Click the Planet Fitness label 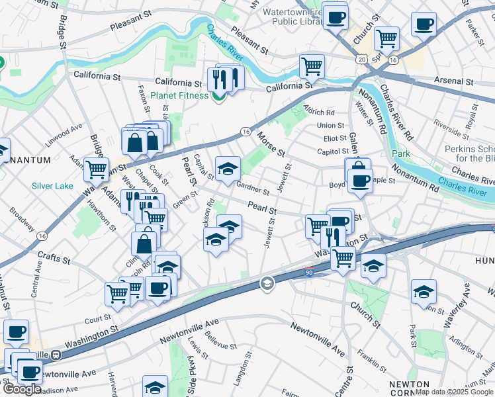(178, 95)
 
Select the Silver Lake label (52, 186)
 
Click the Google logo (21, 389)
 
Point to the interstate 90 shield (309, 272)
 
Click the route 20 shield (362, 60)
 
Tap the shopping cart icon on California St (311, 66)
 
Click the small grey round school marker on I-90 (267, 284)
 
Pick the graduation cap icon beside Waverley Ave (424, 291)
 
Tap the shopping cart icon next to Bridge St (97, 169)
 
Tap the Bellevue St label (220, 345)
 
